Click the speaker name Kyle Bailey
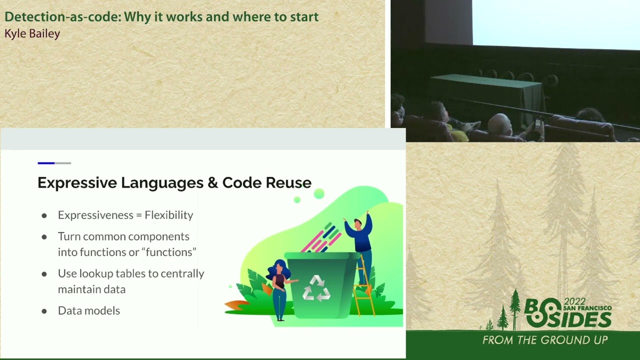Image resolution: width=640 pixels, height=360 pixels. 32,34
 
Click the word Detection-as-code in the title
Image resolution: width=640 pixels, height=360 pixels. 62,16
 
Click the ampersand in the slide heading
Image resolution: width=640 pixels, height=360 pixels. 212,183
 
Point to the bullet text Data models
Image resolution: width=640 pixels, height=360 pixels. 89,310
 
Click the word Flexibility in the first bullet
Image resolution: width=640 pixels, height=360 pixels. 168,215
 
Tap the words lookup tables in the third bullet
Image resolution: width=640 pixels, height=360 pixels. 107,273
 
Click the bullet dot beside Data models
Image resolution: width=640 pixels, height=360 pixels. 44,311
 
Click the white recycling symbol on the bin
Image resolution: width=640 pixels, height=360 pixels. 316,288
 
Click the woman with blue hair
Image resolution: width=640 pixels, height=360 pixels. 279,287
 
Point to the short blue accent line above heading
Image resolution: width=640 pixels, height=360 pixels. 46,163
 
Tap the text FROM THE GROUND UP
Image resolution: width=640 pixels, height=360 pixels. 544,340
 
